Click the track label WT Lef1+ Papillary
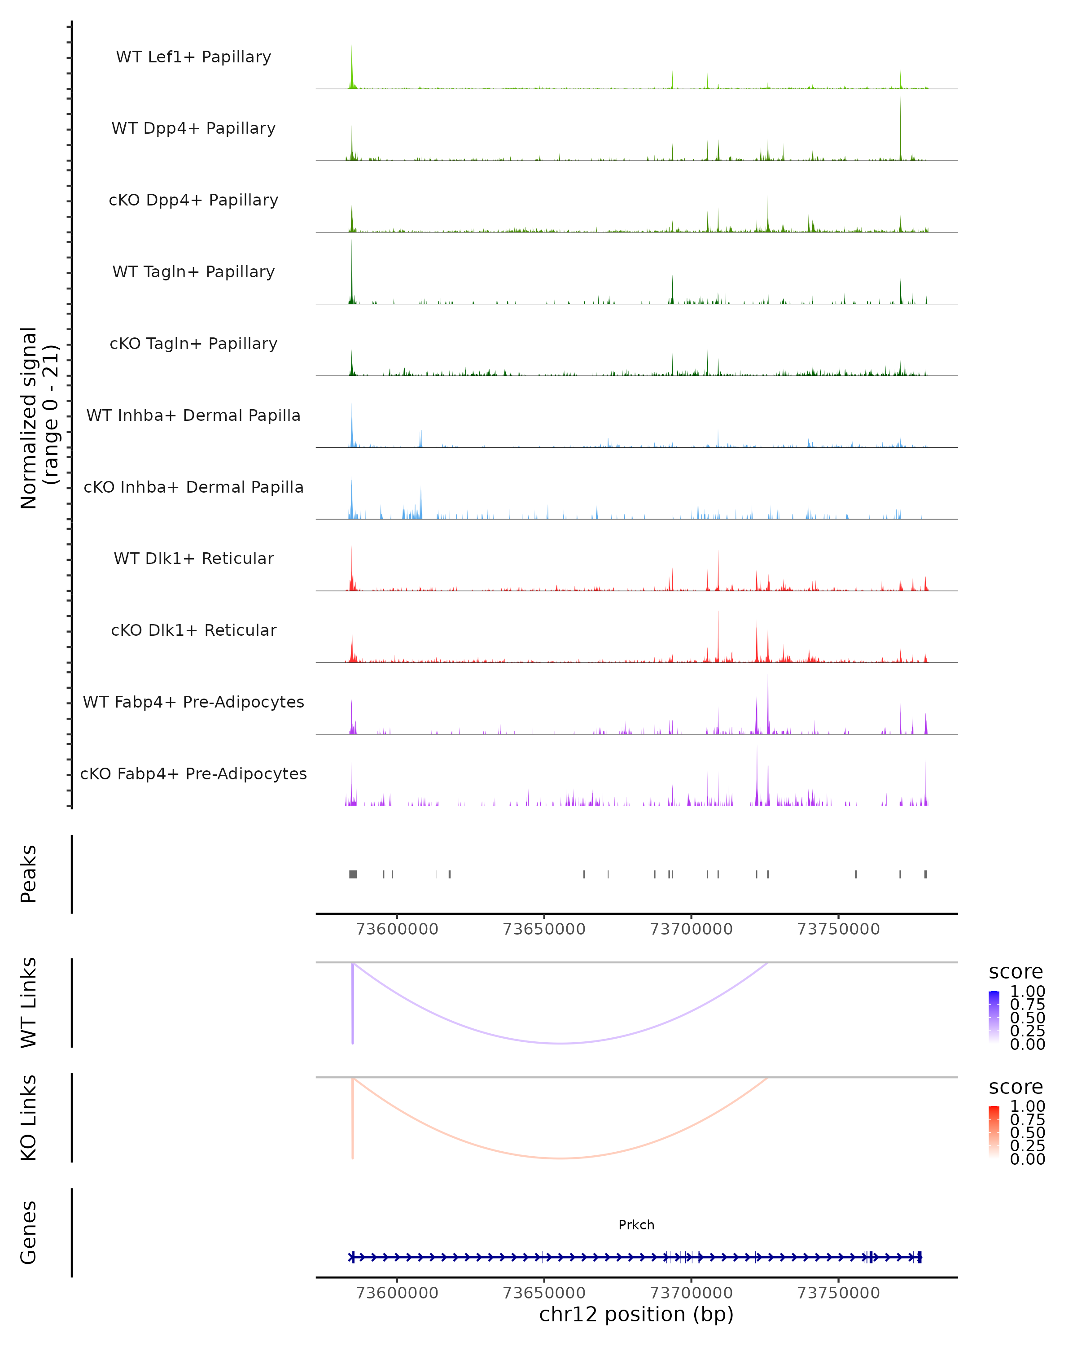coord(193,57)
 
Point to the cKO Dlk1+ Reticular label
coord(193,630)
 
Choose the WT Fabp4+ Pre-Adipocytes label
coord(193,702)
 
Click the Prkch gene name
coord(636,1224)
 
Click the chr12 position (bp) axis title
coord(636,1314)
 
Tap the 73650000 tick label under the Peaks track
coord(544,929)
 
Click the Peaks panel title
coord(29,874)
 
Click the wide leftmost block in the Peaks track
coord(353,874)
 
